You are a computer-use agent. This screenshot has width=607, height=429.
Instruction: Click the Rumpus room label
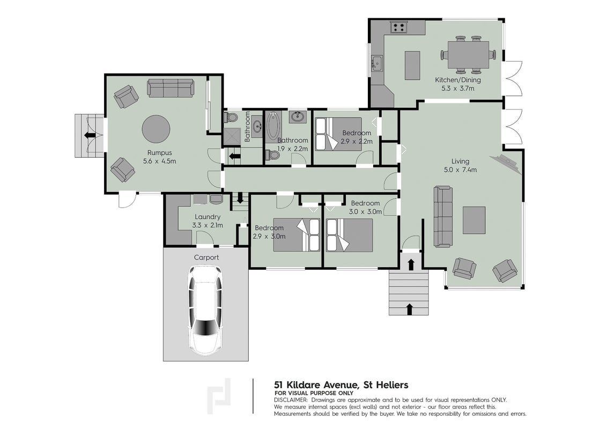[x=159, y=152]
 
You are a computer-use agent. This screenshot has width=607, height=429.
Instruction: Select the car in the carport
[x=205, y=310]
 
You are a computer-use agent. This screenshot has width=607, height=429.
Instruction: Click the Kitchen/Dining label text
[x=458, y=80]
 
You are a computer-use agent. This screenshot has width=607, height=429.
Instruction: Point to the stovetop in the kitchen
[x=399, y=27]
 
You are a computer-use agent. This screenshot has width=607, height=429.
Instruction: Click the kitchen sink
[x=376, y=63]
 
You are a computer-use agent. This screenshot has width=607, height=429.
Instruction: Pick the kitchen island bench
[x=413, y=65]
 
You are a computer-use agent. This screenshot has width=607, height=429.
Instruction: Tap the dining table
[x=468, y=54]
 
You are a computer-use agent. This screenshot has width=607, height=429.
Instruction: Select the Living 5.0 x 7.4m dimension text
[x=460, y=169]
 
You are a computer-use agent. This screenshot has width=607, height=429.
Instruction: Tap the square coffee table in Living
[x=474, y=220]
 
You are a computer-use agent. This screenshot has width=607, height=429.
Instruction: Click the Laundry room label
[x=208, y=217]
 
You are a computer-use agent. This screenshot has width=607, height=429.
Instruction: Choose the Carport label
[x=206, y=257]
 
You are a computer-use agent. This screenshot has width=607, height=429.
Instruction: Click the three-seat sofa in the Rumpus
[x=171, y=88]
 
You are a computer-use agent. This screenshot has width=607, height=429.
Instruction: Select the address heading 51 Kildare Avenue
[x=341, y=385]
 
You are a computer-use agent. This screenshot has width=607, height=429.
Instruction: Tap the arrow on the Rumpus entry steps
[x=90, y=135]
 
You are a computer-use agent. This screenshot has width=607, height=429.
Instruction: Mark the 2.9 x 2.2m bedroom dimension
[x=357, y=142]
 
